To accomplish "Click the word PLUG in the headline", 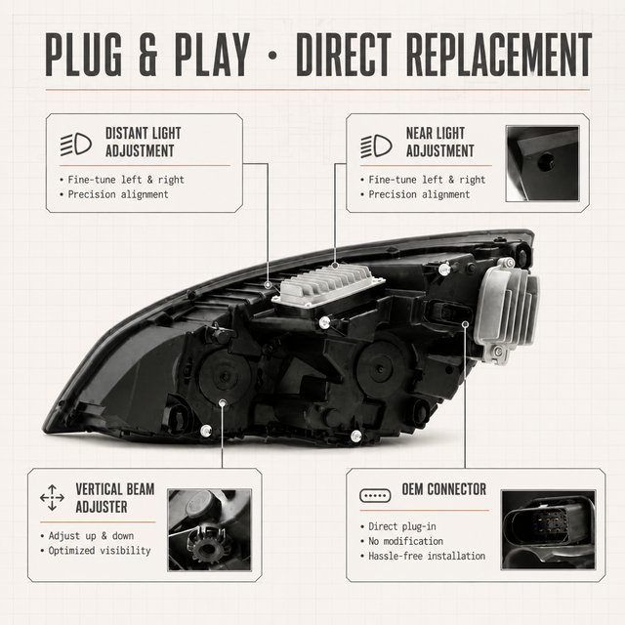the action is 84,55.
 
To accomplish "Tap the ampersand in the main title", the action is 147,55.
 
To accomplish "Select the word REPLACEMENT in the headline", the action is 499,55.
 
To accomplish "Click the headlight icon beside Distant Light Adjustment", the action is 76,144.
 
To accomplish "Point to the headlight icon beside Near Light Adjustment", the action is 376,146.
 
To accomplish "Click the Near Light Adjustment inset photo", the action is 542,163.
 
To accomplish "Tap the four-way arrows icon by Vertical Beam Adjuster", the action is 52,498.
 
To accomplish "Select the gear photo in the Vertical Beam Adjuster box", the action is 210,529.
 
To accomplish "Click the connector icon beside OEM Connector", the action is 375,495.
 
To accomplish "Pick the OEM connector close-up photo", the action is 548,529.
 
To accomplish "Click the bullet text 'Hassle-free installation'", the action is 427,556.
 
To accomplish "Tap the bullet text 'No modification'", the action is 406,541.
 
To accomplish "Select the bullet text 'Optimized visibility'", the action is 100,551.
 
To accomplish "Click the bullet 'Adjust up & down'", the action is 91,536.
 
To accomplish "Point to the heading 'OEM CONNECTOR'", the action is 444,489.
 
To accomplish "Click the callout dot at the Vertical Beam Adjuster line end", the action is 223,402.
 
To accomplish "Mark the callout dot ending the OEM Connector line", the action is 465,324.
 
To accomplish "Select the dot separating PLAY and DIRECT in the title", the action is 272,56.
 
